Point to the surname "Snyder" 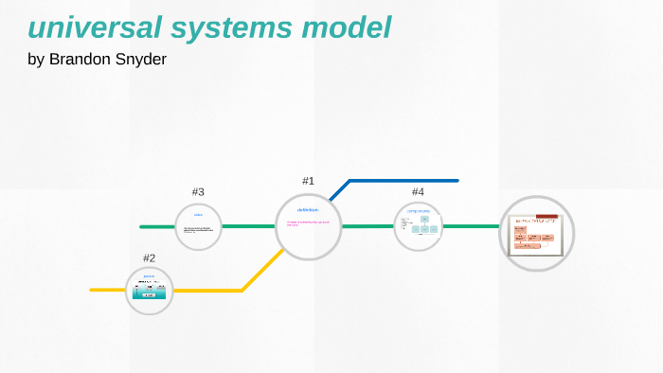click(144, 60)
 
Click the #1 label click(308, 180)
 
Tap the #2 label click(149, 258)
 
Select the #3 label click(198, 192)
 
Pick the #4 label click(418, 192)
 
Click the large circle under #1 click(309, 227)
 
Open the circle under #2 click(150, 291)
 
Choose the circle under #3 click(199, 227)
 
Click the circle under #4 click(418, 227)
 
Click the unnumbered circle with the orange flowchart click(537, 233)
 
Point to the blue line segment click(403, 180)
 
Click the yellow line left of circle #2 click(107, 290)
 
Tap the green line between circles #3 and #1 click(248, 227)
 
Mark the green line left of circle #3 click(157, 227)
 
